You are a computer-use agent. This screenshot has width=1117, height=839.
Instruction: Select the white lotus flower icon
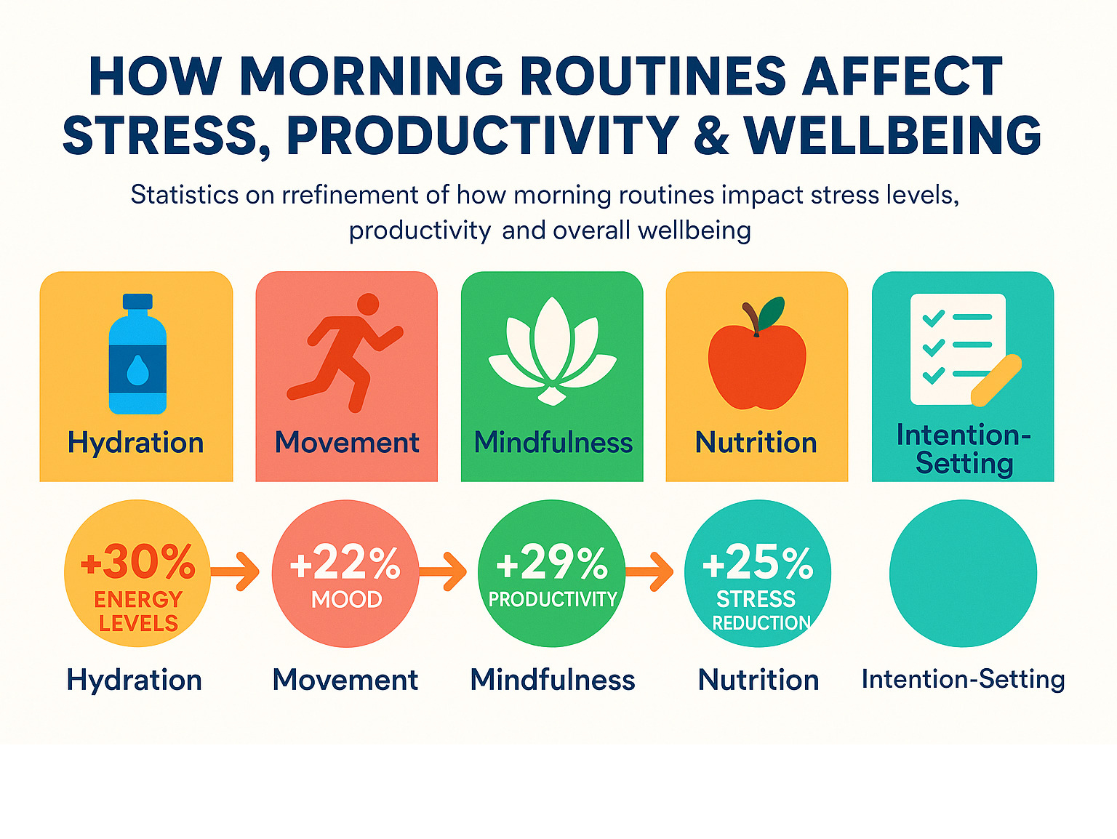coord(552,351)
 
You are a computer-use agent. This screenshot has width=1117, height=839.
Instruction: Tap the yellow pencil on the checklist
coord(996,380)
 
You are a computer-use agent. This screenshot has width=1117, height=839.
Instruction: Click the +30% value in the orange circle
coord(138,562)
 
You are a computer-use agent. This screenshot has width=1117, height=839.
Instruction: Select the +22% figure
coord(345,562)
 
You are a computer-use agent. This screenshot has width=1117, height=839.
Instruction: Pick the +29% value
coord(552,562)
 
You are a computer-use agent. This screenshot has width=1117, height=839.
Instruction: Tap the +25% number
coord(758,562)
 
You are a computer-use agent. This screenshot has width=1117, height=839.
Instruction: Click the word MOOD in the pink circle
coord(347,599)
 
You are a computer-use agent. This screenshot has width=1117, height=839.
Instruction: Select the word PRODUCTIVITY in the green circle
coord(553,599)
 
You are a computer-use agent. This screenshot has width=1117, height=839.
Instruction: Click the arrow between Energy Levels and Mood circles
coord(235,571)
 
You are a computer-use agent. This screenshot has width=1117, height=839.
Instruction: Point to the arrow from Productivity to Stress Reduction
coord(649,571)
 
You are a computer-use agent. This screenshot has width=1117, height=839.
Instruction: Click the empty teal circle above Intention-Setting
coord(963,573)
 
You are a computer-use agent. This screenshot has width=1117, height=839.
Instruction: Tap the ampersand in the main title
coord(710,135)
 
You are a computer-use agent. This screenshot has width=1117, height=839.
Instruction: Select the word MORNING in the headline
coord(371,76)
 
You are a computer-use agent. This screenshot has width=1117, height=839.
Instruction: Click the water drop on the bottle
coord(137,370)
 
